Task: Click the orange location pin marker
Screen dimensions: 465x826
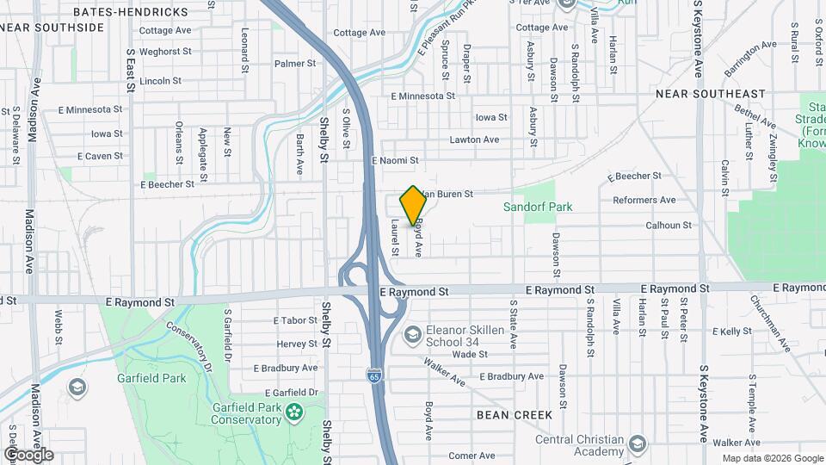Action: pos(413,205)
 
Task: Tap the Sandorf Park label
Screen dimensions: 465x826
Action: pos(538,207)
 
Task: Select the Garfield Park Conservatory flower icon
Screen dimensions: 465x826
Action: pos(295,412)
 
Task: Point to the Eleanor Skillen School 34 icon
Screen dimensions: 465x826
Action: pos(413,333)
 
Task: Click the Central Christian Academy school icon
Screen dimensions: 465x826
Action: pos(638,444)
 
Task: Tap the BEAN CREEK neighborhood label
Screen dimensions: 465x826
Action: pos(515,415)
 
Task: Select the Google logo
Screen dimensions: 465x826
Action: pos(28,454)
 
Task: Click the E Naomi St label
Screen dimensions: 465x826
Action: pos(395,160)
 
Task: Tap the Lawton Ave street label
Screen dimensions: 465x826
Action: pos(473,139)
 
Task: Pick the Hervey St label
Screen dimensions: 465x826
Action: pos(297,344)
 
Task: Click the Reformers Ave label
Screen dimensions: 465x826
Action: pos(644,201)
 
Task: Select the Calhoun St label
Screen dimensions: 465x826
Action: pos(669,226)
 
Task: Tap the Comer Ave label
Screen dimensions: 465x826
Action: pos(472,456)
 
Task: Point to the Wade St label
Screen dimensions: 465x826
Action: pos(471,354)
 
